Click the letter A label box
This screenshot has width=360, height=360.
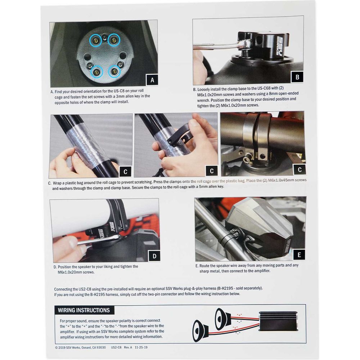(152, 80)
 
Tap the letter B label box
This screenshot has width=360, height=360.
(297, 77)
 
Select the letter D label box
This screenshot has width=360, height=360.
(154, 256)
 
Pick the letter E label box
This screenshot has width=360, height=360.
(299, 255)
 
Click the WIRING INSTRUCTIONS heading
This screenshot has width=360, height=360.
(84, 310)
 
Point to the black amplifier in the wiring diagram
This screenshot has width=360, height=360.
(278, 321)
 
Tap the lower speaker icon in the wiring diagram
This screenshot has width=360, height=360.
(201, 330)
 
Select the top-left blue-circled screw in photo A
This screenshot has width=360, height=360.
(95, 41)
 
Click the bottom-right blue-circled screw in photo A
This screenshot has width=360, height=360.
(114, 72)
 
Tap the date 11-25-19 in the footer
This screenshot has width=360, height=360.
(141, 347)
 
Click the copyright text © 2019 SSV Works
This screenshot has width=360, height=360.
(68, 348)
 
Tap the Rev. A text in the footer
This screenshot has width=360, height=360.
(128, 347)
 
